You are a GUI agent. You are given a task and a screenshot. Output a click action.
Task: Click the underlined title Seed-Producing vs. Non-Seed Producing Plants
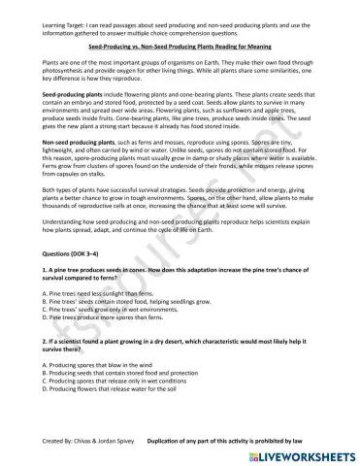pos(180,46)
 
